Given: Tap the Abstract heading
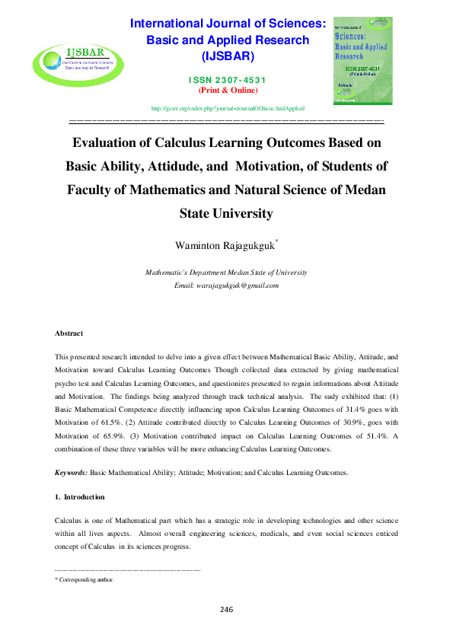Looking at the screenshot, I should click(69, 333).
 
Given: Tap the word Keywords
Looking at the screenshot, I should click(72, 473).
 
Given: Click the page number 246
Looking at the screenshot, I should click(226, 610).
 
